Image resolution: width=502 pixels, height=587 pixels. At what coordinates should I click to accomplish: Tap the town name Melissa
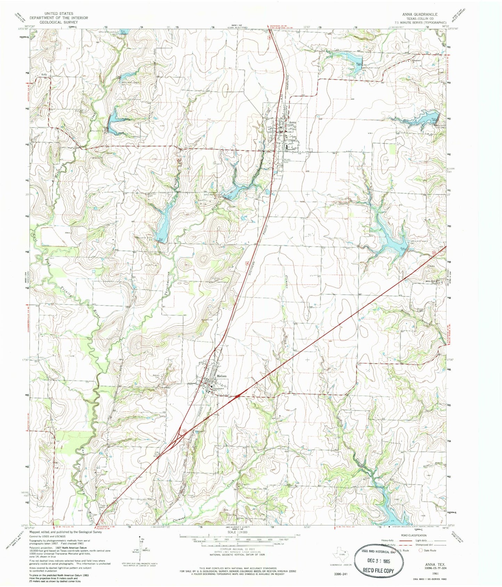coord(221,376)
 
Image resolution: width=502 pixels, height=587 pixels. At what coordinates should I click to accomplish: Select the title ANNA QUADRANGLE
coord(420,14)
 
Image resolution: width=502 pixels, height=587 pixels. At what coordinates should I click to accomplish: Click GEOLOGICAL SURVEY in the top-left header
coord(58,22)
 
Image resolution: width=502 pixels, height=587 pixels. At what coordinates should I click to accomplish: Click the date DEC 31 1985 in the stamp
coord(379,560)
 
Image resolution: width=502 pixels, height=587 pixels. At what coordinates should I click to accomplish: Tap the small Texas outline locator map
coord(342,553)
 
